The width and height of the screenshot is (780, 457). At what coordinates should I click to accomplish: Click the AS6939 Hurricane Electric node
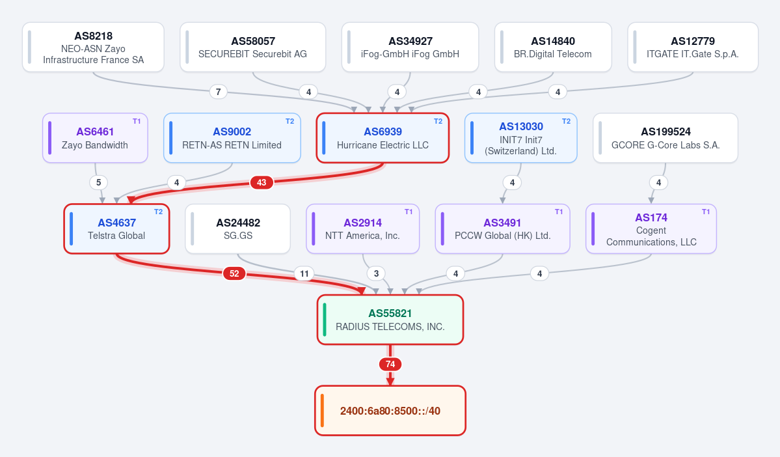pos(383,138)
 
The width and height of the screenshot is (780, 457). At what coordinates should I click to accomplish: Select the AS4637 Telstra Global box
pos(116,228)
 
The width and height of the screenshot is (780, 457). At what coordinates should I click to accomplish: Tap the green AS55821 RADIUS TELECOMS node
pos(390,320)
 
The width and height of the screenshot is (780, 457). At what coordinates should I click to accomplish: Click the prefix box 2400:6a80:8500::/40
pos(390,411)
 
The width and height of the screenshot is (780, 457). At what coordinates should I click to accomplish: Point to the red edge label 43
pos(262,183)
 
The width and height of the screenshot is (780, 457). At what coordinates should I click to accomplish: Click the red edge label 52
pos(234,273)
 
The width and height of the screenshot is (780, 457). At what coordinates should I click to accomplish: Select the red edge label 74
pos(390,365)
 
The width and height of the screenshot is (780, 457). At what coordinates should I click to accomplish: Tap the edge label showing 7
pos(219,92)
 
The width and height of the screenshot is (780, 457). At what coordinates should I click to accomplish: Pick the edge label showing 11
pos(304,273)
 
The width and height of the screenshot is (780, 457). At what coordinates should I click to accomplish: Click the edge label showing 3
pos(377,273)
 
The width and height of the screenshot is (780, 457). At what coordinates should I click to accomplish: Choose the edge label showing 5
pos(98,183)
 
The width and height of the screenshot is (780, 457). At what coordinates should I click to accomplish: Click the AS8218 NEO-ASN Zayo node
pos(93,48)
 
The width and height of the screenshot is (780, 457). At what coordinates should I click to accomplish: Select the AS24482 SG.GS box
pos(238,228)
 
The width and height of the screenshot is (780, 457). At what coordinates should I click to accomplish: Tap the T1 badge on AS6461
pos(137,121)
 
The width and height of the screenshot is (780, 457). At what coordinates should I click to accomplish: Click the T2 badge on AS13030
pos(567,121)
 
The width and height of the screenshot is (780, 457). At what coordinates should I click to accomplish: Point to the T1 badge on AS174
pos(706,212)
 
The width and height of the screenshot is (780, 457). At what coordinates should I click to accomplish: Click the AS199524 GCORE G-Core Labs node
pos(665,138)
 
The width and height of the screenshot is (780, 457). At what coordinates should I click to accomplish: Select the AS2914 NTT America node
pos(362,228)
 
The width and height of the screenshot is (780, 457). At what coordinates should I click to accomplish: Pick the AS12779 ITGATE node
pos(693,48)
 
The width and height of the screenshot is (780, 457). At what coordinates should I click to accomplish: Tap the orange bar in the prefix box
pos(323,411)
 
